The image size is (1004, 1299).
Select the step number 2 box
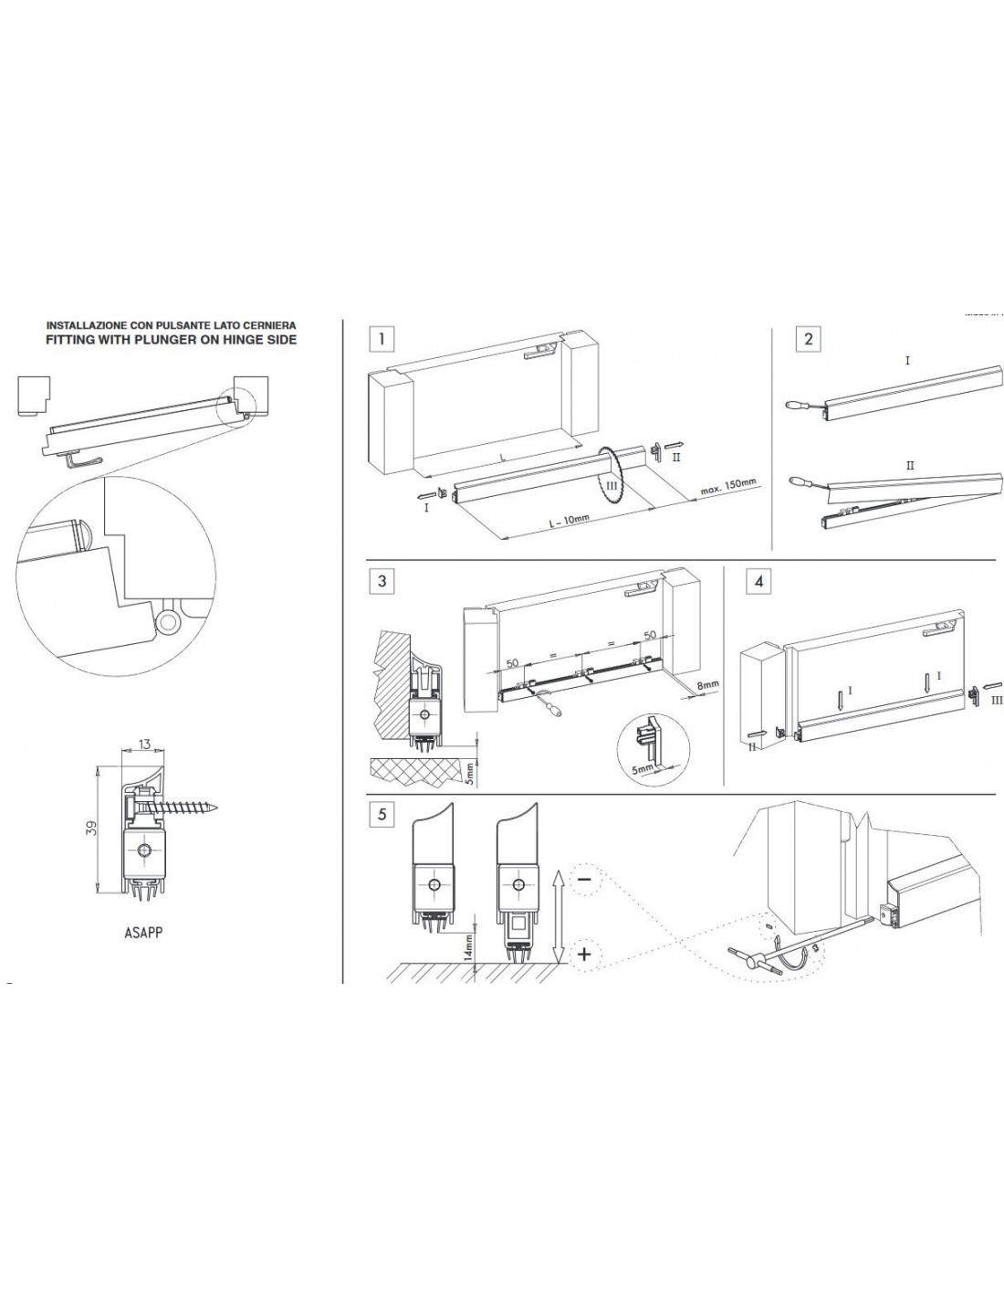[x=807, y=341]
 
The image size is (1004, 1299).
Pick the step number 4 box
[x=758, y=582]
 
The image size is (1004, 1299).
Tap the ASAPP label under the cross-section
[x=145, y=933]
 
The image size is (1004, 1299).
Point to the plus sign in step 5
[x=585, y=955]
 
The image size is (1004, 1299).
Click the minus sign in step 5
[x=583, y=879]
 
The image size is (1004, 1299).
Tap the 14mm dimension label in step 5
[x=468, y=945]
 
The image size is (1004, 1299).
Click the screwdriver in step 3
[x=549, y=709]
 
